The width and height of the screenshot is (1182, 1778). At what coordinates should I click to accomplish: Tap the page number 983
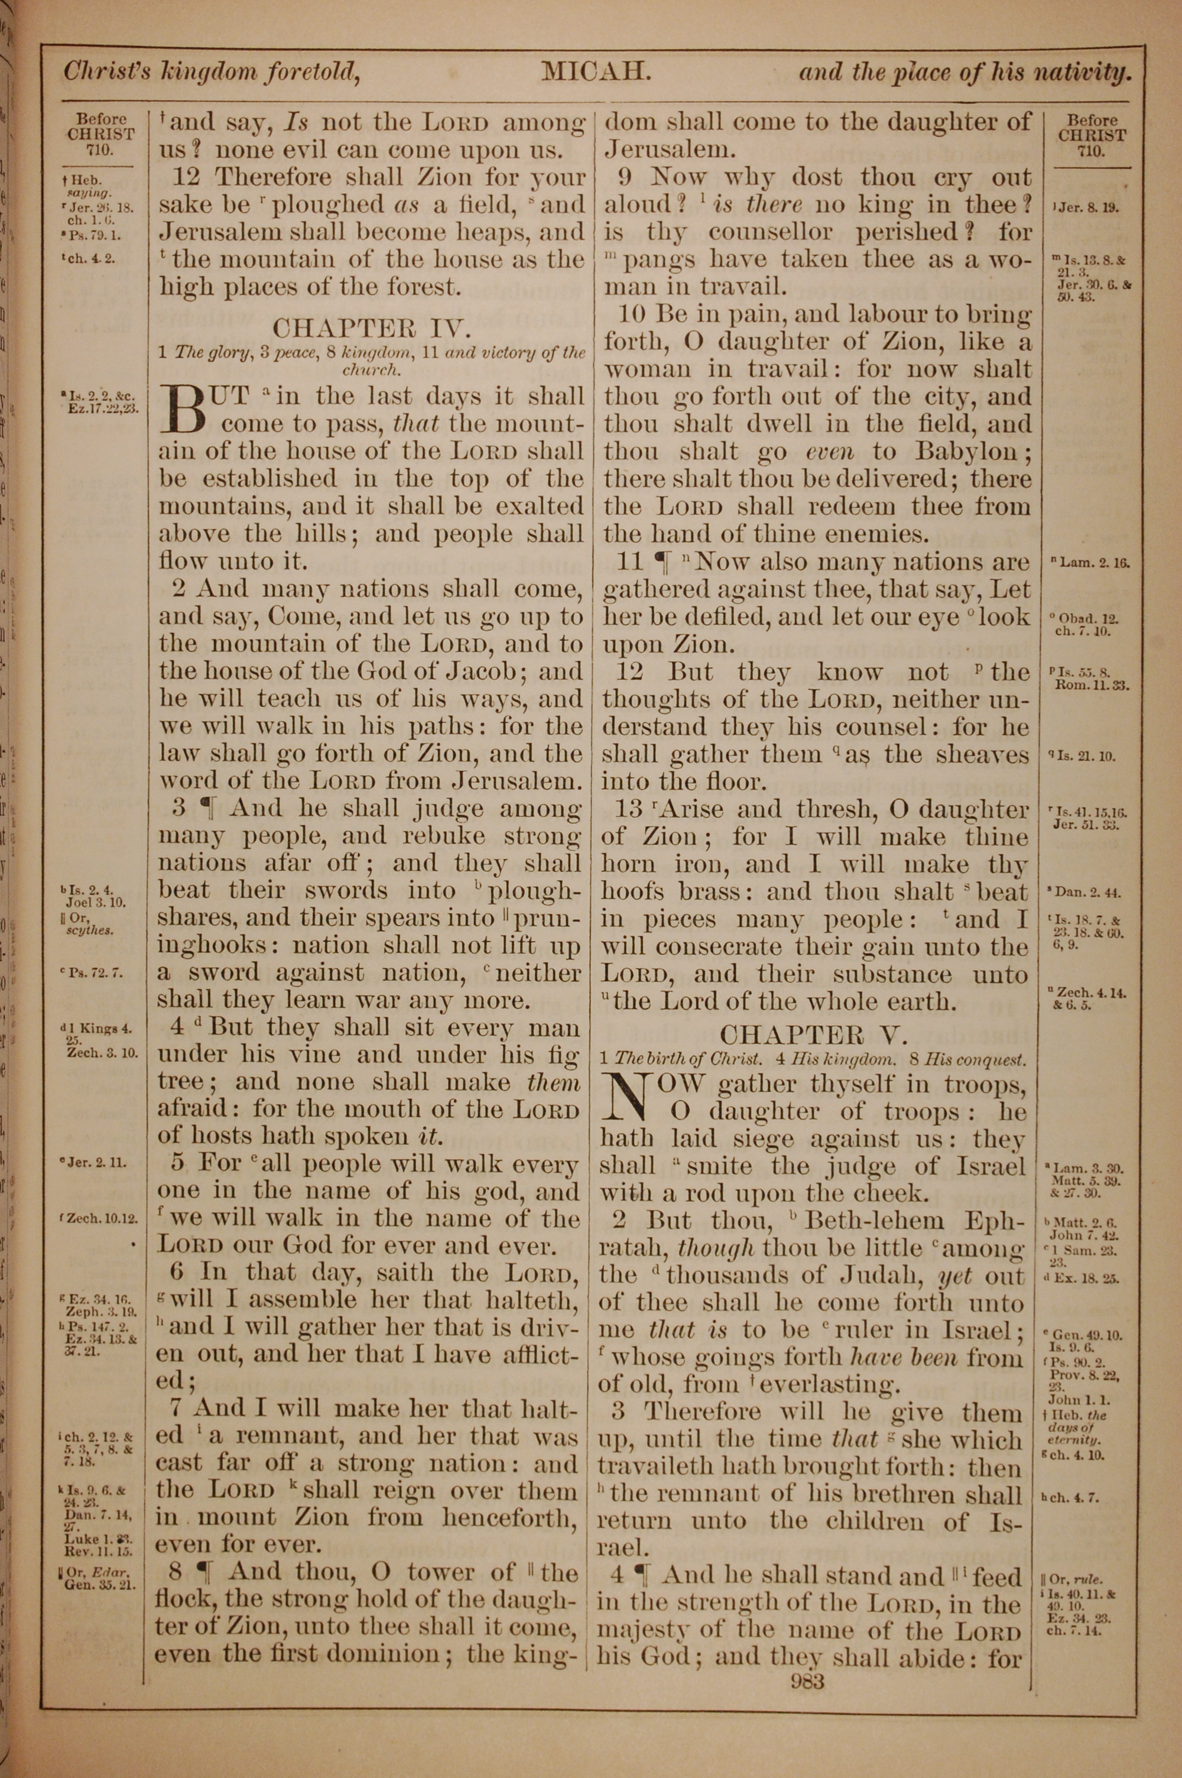coord(804,1682)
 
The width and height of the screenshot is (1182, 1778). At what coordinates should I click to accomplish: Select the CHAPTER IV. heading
coord(372,328)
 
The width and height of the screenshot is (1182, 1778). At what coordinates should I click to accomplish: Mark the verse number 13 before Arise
coord(627,809)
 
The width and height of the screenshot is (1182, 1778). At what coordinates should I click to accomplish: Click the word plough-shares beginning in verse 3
coord(534,891)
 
